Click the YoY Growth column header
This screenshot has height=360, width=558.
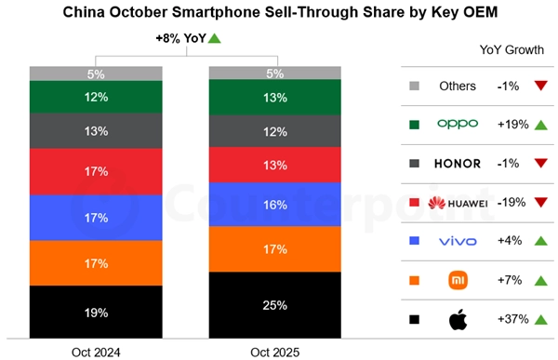[x=511, y=49]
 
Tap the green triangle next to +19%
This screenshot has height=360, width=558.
[x=540, y=125]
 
